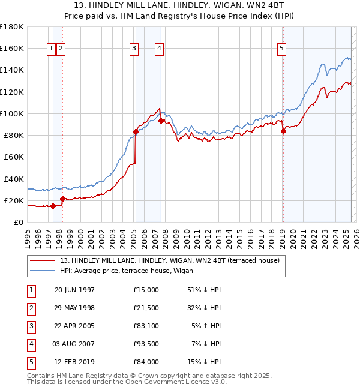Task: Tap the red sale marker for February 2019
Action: point(283,131)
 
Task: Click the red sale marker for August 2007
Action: point(161,121)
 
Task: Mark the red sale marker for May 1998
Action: point(62,199)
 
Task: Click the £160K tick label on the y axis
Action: point(12,48)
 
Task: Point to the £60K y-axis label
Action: point(14,157)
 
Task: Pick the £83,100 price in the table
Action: point(146,326)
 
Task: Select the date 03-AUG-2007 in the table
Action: point(74,344)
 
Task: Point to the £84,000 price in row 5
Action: point(146,362)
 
